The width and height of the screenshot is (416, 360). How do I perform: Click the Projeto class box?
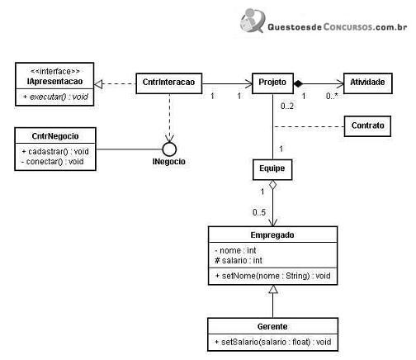tap(272, 83)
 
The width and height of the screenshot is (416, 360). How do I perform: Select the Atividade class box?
tap(368, 83)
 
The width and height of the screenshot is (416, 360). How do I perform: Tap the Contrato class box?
tap(367, 126)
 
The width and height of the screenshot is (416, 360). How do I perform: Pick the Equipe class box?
tap(272, 169)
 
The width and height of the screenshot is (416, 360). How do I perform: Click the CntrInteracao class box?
tap(169, 83)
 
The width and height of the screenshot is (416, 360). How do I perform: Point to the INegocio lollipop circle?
tap(169, 149)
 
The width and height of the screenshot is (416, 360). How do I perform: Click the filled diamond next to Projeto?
tap(298, 83)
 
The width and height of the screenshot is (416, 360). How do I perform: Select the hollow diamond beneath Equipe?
tap(272, 185)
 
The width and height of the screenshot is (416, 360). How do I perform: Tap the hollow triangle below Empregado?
tap(273, 289)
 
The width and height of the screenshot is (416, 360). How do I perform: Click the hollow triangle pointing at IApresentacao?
tap(98, 84)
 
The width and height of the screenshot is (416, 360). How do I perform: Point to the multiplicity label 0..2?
tap(287, 106)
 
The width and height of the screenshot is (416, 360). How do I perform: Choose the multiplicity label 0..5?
tap(259, 212)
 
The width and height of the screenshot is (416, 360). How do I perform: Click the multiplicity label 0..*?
tap(332, 96)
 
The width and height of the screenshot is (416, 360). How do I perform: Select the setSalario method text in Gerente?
tap(273, 342)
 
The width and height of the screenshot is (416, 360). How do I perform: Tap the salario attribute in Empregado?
tap(239, 260)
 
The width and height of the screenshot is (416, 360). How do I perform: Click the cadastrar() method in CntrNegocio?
tap(55, 151)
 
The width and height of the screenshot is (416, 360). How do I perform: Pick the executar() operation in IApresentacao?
tap(56, 97)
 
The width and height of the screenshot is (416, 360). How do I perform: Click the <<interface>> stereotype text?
tap(55, 72)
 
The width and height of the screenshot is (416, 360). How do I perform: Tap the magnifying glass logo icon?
tap(253, 21)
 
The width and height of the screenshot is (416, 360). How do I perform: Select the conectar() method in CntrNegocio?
tap(52, 162)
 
